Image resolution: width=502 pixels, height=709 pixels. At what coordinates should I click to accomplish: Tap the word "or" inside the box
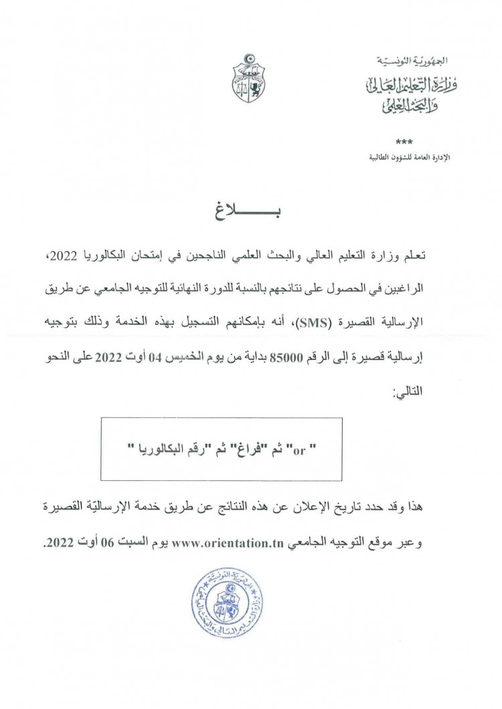coord(299,449)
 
